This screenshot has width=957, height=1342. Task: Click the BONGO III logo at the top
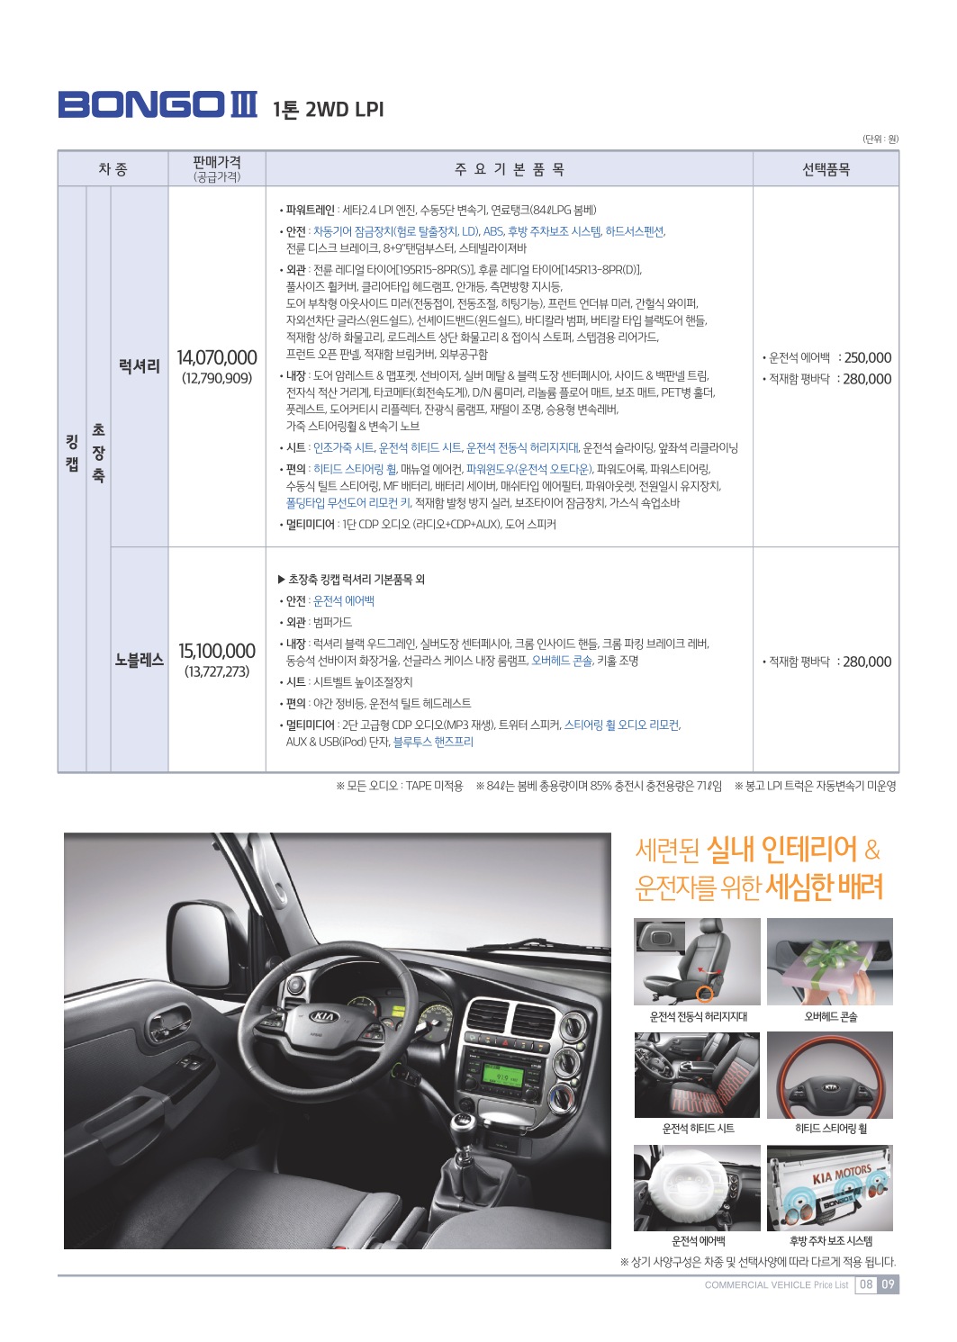(158, 105)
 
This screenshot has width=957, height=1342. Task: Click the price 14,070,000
(217, 358)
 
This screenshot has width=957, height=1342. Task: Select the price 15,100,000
(217, 651)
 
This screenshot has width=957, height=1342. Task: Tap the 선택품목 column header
(826, 169)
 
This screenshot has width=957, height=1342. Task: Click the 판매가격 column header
(217, 168)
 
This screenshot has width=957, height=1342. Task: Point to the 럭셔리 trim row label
(140, 366)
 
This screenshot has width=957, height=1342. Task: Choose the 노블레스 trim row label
(140, 660)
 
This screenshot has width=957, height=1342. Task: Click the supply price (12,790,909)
(217, 378)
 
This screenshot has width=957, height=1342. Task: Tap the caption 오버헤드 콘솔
(830, 1017)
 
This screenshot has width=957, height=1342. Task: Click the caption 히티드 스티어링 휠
(830, 1129)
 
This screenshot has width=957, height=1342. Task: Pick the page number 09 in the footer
(888, 1284)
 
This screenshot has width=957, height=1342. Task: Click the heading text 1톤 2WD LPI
(328, 110)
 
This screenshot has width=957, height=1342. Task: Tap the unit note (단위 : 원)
(880, 139)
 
